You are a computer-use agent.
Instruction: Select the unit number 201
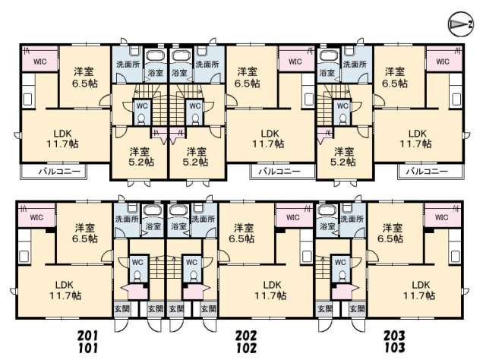(x=88, y=335)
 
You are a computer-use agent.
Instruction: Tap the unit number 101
(x=88, y=348)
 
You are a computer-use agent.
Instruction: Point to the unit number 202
(x=246, y=335)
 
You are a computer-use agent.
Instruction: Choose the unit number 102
(x=246, y=348)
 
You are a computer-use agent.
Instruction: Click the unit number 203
(x=394, y=335)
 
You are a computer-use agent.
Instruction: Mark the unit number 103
(x=394, y=348)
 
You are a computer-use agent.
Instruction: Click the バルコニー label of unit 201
(x=59, y=171)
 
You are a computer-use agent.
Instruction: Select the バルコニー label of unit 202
(x=279, y=171)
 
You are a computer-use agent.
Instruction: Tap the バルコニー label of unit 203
(x=427, y=171)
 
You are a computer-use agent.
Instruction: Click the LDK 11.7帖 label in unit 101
(x=65, y=290)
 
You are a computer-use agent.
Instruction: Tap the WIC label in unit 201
(x=40, y=62)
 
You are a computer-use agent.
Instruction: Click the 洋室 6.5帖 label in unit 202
(x=247, y=77)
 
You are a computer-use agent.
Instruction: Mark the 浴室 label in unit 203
(x=327, y=73)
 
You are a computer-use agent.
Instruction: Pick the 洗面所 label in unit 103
(x=352, y=219)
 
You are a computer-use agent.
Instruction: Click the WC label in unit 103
(x=340, y=262)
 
